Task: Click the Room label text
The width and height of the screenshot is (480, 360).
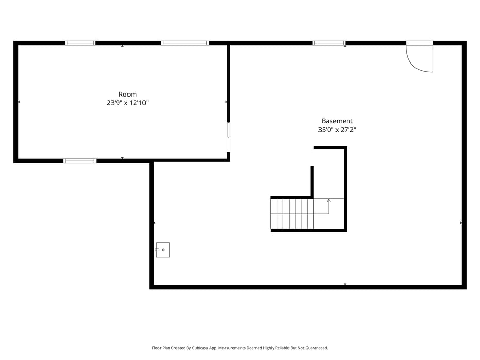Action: click(x=127, y=95)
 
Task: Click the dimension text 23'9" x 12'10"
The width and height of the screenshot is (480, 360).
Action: click(x=127, y=103)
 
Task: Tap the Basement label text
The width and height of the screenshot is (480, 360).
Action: click(x=337, y=121)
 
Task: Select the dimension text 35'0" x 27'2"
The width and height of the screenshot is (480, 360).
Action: click(x=337, y=130)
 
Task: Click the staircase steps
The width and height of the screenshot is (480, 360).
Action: click(x=292, y=214)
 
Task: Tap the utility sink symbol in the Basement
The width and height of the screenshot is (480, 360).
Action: click(x=163, y=249)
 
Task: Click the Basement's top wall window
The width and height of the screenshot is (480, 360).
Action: click(x=329, y=43)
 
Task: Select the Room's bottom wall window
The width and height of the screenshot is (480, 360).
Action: click(x=80, y=161)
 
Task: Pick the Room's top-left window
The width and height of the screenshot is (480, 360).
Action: click(x=80, y=43)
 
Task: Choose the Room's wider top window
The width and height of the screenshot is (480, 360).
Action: click(x=185, y=43)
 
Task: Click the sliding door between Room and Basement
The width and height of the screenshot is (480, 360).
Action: click(x=228, y=137)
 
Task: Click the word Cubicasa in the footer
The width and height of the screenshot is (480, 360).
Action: click(x=200, y=348)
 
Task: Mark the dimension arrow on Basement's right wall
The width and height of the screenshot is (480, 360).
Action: click(x=461, y=223)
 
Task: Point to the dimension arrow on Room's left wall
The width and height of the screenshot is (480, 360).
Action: click(x=19, y=102)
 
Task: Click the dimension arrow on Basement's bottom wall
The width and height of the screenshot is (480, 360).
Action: click(x=345, y=284)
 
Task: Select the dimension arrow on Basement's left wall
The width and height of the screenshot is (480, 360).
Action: click(x=154, y=223)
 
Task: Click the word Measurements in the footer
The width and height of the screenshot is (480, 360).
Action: click(x=232, y=348)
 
